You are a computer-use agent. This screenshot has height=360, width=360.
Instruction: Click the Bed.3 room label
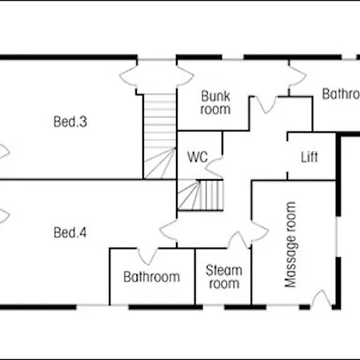point(70,122)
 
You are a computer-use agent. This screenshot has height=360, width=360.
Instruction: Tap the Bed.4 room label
point(70,233)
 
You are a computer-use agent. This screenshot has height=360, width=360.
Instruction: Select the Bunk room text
point(215,102)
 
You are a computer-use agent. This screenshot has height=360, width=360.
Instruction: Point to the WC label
point(198,157)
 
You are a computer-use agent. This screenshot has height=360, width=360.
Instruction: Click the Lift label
point(310,157)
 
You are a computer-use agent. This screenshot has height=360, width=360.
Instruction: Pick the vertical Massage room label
point(291,245)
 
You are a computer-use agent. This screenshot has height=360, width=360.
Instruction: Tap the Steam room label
point(223,277)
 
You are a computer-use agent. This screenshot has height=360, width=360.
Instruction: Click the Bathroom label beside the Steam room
point(151,277)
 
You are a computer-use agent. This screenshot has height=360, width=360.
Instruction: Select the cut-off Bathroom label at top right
point(340,94)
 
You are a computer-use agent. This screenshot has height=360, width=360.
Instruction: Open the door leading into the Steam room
point(237,240)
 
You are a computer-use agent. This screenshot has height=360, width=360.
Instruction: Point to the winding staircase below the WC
point(200,194)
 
